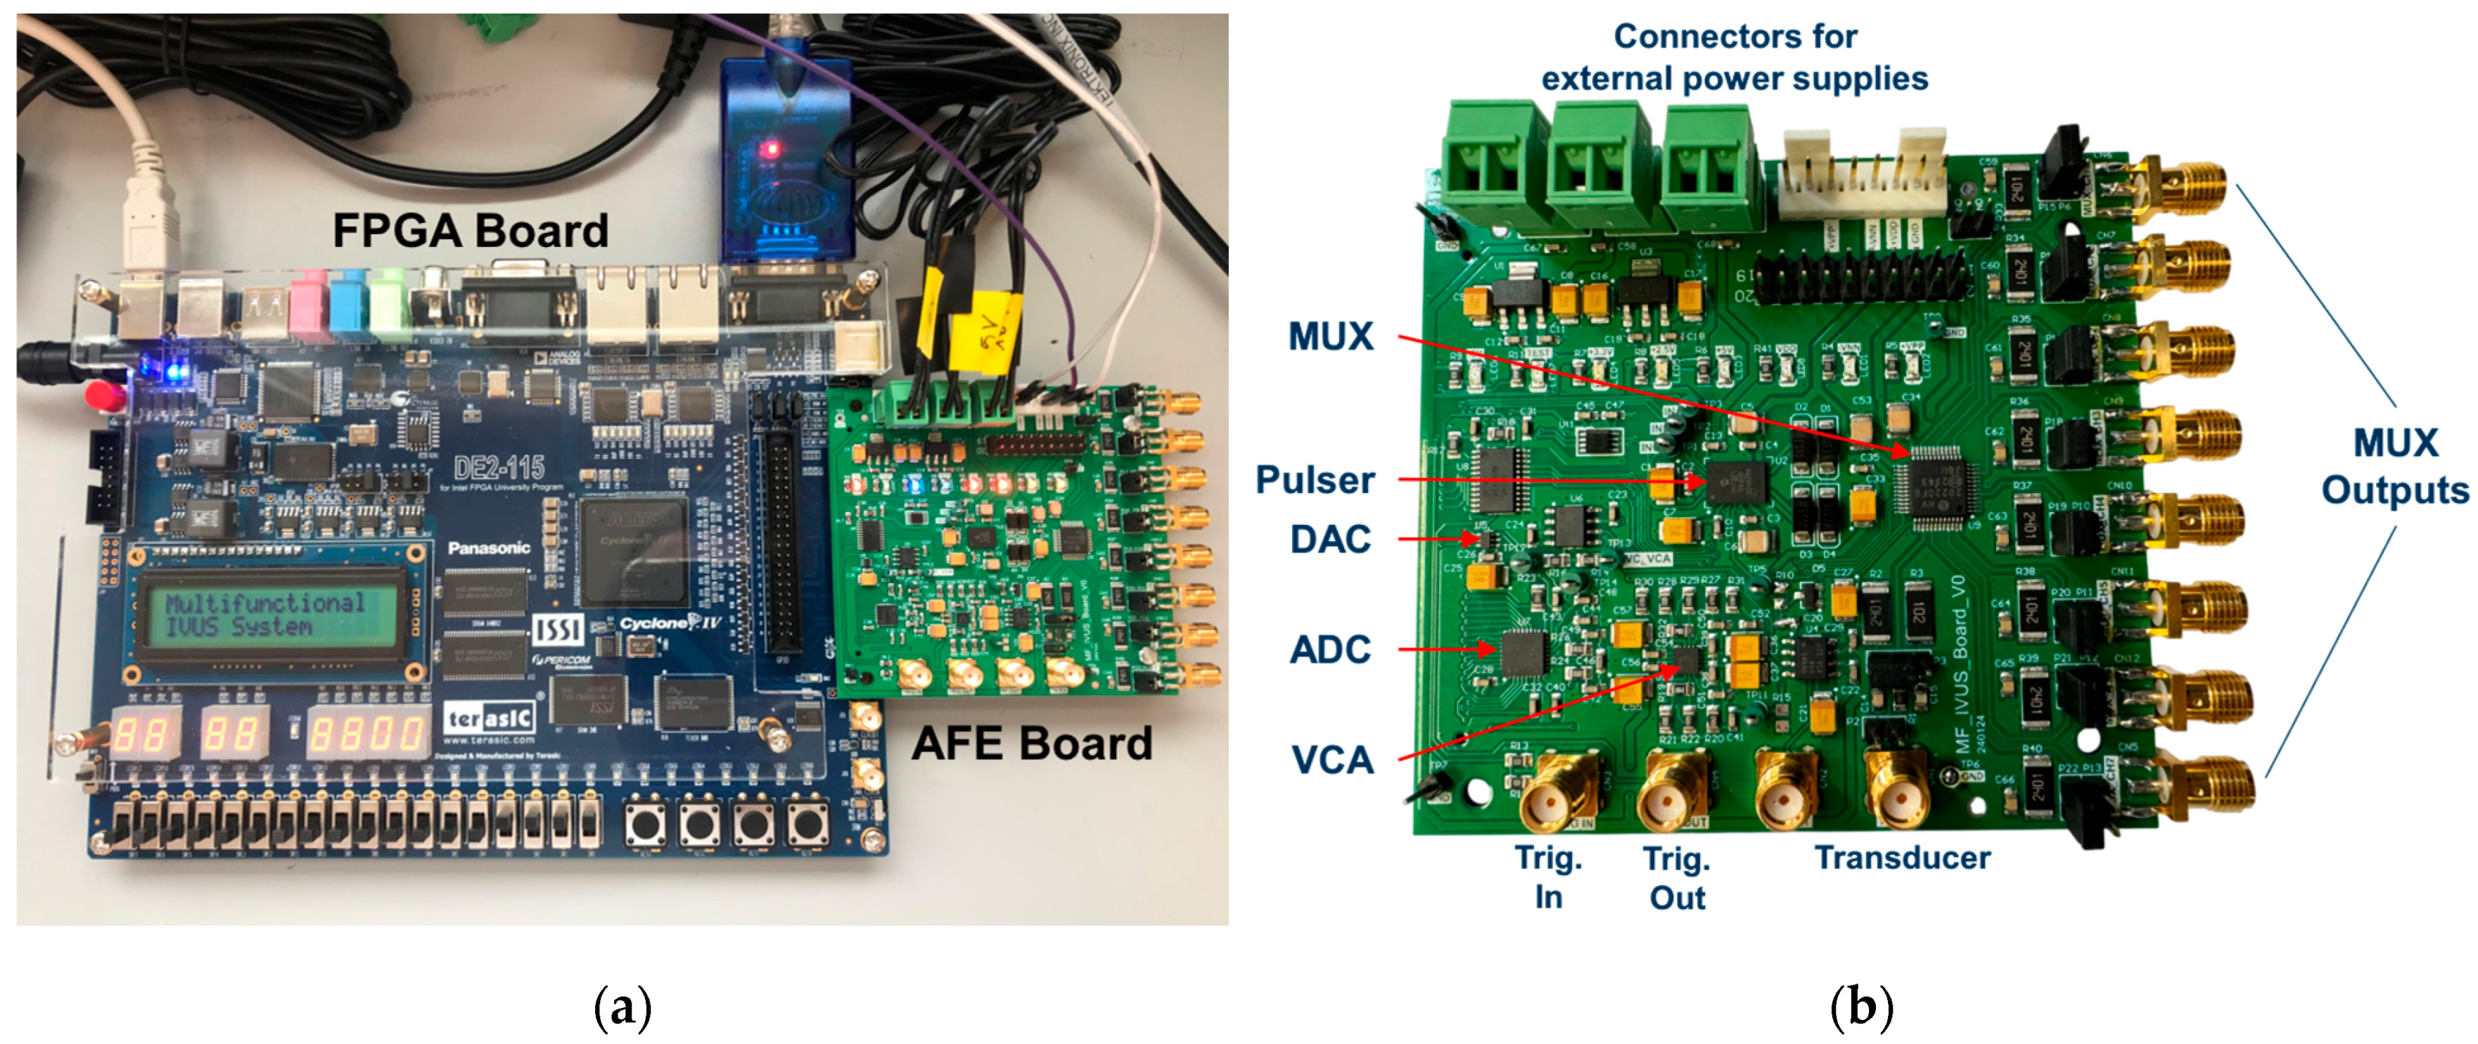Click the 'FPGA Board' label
[x=471, y=231]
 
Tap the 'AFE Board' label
[x=1032, y=744]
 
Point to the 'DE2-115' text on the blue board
[x=499, y=469]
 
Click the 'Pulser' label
[x=1315, y=480]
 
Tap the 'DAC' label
[x=1330, y=540]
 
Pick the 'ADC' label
[x=1330, y=651]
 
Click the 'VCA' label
[x=1332, y=761]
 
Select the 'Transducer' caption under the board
[x=1902, y=858]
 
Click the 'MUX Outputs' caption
[x=2394, y=466]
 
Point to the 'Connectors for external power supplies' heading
[x=1735, y=58]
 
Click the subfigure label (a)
[x=623, y=1007]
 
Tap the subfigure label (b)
[x=1861, y=1007]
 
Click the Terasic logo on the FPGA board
[x=489, y=718]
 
